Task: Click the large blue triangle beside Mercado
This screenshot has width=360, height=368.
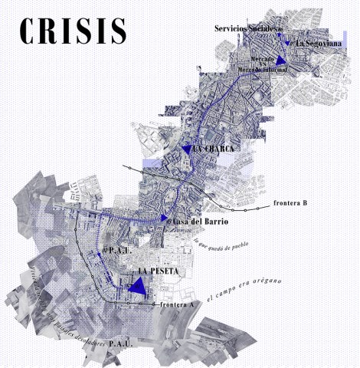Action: tap(282, 60)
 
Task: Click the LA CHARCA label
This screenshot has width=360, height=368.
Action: tap(214, 148)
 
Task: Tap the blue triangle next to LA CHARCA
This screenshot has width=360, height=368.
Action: tap(186, 150)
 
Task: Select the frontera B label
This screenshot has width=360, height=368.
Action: tap(290, 205)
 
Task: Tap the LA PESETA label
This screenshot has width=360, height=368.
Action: tap(156, 272)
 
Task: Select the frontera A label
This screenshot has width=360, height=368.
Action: tap(178, 304)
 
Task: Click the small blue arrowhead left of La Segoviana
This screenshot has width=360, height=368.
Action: tap(287, 43)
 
